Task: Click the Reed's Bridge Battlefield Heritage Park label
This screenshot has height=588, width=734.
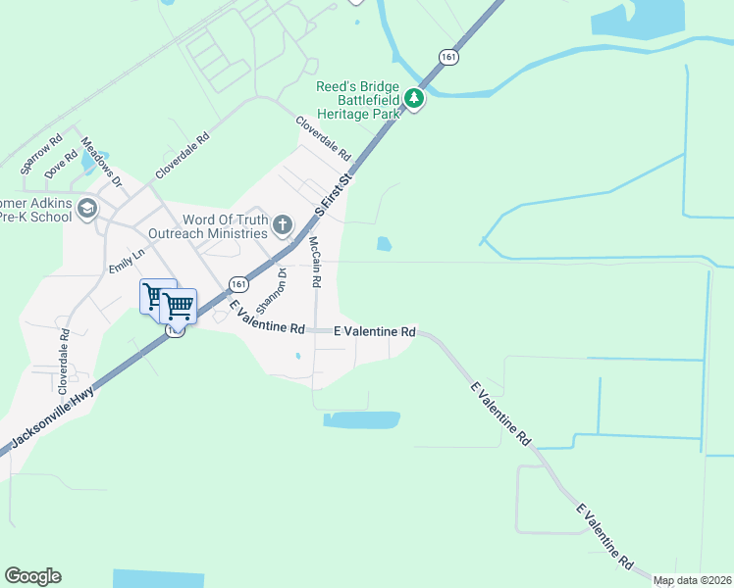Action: [x=358, y=100]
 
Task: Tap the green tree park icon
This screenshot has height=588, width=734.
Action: [x=414, y=98]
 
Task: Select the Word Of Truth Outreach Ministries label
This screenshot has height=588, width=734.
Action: [x=207, y=226]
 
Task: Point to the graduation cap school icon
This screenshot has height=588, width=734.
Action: [x=87, y=208]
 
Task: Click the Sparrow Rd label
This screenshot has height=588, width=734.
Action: [x=42, y=155]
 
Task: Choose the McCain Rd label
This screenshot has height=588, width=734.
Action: [x=315, y=262]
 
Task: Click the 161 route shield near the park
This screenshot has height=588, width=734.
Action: [x=448, y=57]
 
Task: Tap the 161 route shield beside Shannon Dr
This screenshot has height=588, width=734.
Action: [x=238, y=283]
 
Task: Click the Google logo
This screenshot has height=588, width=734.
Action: [x=32, y=576]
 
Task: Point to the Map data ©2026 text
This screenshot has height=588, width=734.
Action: [x=692, y=581]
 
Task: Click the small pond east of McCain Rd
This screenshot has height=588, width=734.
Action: [x=384, y=243]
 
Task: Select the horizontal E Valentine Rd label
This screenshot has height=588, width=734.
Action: [x=375, y=332]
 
